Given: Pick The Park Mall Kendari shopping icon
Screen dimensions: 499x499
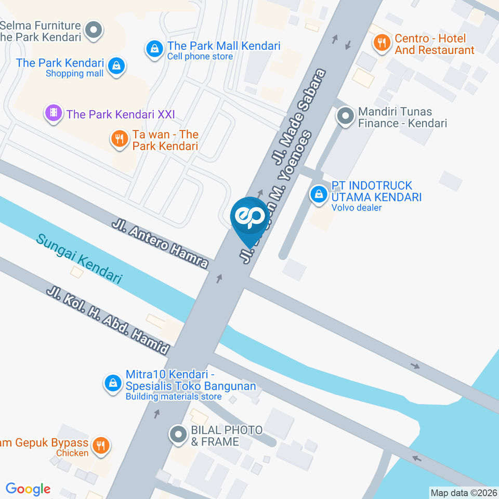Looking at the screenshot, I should click(154, 50).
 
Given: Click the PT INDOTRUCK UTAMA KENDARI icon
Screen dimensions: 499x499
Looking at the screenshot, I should click(319, 195).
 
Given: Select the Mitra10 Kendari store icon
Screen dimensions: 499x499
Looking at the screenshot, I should click(112, 384).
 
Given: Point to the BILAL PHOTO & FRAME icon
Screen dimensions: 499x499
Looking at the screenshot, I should click(178, 435).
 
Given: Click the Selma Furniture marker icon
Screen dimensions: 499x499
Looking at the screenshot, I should click(94, 30).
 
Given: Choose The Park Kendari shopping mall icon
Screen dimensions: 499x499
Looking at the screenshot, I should click(117, 66).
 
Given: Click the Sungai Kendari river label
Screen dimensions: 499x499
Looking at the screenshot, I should click(79, 259).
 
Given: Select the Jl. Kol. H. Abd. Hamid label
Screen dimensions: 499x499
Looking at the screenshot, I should click(108, 321).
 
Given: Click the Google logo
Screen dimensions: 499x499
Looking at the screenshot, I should click(28, 489).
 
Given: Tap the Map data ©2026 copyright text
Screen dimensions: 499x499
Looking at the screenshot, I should click(464, 493).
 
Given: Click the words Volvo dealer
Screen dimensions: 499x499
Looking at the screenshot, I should click(357, 208).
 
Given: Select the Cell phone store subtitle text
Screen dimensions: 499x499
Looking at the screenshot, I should click(200, 57).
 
